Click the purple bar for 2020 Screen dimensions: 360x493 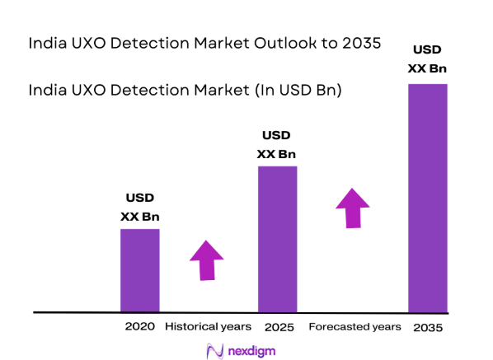pyautogui.click(x=140, y=270)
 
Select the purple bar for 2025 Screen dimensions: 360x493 pyautogui.click(x=277, y=239)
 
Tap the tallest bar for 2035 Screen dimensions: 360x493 pyautogui.click(x=428, y=198)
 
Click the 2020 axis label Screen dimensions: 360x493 pyautogui.click(x=140, y=327)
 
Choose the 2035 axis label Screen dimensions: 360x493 pyautogui.click(x=428, y=328)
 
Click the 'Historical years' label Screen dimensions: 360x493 pyautogui.click(x=208, y=327)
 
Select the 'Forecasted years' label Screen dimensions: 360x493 pyautogui.click(x=354, y=327)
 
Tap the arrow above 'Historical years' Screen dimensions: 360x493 pyautogui.click(x=206, y=259)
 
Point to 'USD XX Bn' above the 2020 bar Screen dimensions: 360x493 pyautogui.click(x=140, y=208)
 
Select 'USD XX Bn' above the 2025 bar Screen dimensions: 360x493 pyautogui.click(x=277, y=144)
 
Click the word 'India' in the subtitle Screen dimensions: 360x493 pyautogui.click(x=47, y=88)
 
